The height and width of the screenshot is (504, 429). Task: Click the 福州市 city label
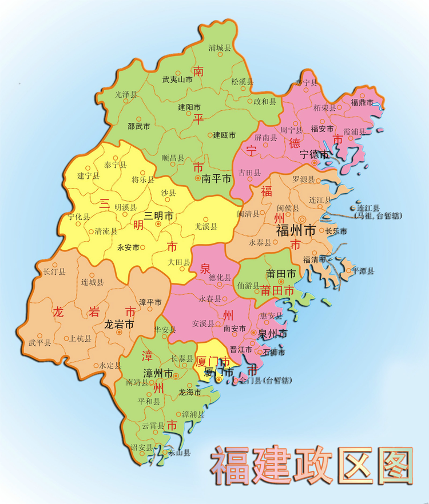[x=296, y=231]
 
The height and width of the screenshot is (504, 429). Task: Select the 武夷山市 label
[x=177, y=81]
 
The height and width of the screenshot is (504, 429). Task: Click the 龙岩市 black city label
[x=119, y=324]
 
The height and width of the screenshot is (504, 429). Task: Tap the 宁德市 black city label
[x=315, y=154]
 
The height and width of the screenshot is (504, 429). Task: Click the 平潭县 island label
[x=363, y=271]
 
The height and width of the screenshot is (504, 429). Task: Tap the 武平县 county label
[x=39, y=343]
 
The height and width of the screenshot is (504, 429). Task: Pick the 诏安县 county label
[x=142, y=447]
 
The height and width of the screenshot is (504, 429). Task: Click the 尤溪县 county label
[x=206, y=226]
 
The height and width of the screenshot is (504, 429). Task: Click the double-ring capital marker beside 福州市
[x=302, y=219]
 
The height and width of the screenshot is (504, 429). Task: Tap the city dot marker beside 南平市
[x=197, y=179]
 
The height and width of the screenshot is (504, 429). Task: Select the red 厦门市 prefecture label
[x=213, y=362]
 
